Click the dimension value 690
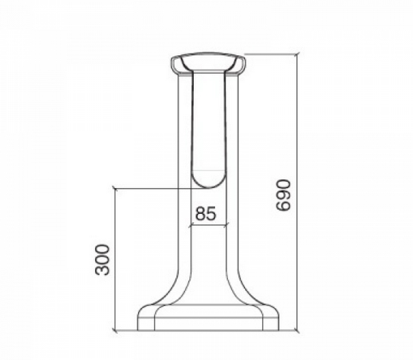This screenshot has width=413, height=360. click(x=283, y=195)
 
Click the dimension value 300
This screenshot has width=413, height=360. click(x=102, y=260)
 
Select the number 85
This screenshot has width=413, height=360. click(x=206, y=213)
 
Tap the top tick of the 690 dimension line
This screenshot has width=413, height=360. click(x=298, y=54)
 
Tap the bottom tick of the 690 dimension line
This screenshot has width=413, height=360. click(x=298, y=330)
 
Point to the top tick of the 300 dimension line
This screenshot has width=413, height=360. click(x=115, y=189)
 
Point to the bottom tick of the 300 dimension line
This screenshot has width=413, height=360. click(x=115, y=330)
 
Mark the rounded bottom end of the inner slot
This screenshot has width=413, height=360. click(x=208, y=187)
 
